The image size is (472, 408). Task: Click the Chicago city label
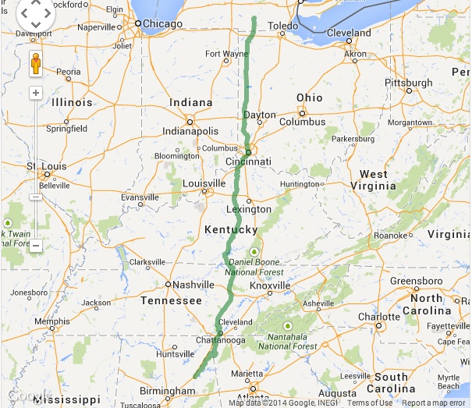pyautogui.click(x=162, y=24)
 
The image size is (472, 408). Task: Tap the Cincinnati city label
pyautogui.click(x=247, y=161)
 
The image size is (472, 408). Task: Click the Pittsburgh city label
pyautogui.click(x=408, y=83)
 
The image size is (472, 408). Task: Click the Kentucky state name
pyautogui.click(x=230, y=230)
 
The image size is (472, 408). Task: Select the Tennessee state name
pyautogui.click(x=172, y=300)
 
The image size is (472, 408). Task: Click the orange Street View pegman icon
pyautogui.click(x=36, y=64)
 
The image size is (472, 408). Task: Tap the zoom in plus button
pyautogui.click(x=36, y=93)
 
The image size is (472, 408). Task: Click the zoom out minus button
pyautogui.click(x=36, y=246)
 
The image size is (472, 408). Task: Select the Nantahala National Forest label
pyautogui.click(x=287, y=341)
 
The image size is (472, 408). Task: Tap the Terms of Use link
pyautogui.click(x=370, y=403)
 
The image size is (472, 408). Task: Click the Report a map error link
pyautogui.click(x=434, y=403)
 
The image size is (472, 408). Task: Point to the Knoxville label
pyautogui.click(x=270, y=286)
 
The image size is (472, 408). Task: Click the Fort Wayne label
pyautogui.click(x=226, y=54)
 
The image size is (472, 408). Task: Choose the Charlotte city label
pyautogui.click(x=381, y=317)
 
